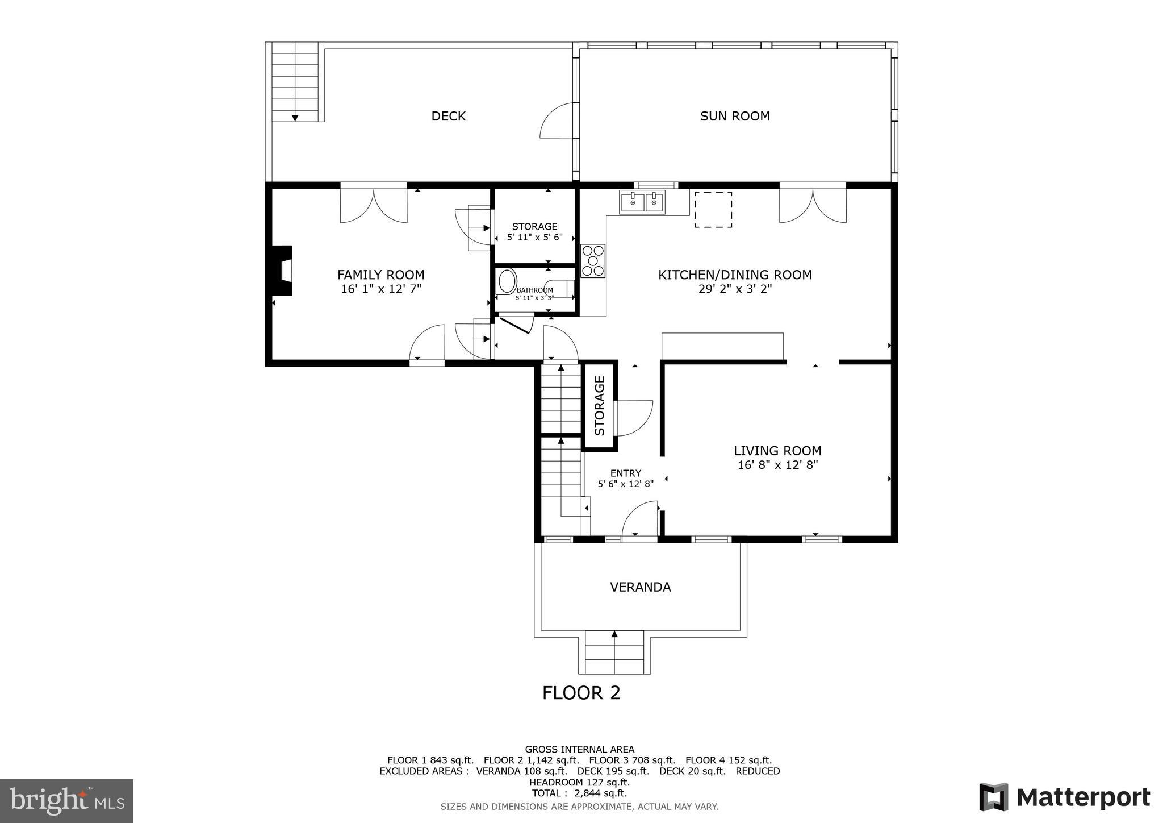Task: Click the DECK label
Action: pyautogui.click(x=448, y=116)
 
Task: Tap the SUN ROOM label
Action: pyautogui.click(x=734, y=116)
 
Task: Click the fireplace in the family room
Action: pyautogui.click(x=282, y=271)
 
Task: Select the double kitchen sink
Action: pyautogui.click(x=642, y=202)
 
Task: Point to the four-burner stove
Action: pyautogui.click(x=592, y=261)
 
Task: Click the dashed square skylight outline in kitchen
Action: pyautogui.click(x=713, y=210)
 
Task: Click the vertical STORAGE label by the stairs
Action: pyautogui.click(x=600, y=406)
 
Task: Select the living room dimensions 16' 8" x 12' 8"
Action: pyautogui.click(x=777, y=465)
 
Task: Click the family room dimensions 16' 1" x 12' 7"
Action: pyautogui.click(x=380, y=289)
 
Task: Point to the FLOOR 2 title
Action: pyautogui.click(x=581, y=693)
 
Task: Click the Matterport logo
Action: pyautogui.click(x=1065, y=797)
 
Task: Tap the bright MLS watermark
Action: pyautogui.click(x=66, y=801)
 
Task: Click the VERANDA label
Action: pyautogui.click(x=640, y=587)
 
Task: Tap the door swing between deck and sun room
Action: pyautogui.click(x=560, y=121)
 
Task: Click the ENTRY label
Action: pyautogui.click(x=625, y=473)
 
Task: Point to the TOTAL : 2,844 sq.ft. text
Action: pyautogui.click(x=579, y=793)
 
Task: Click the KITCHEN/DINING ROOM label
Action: pyautogui.click(x=734, y=275)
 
